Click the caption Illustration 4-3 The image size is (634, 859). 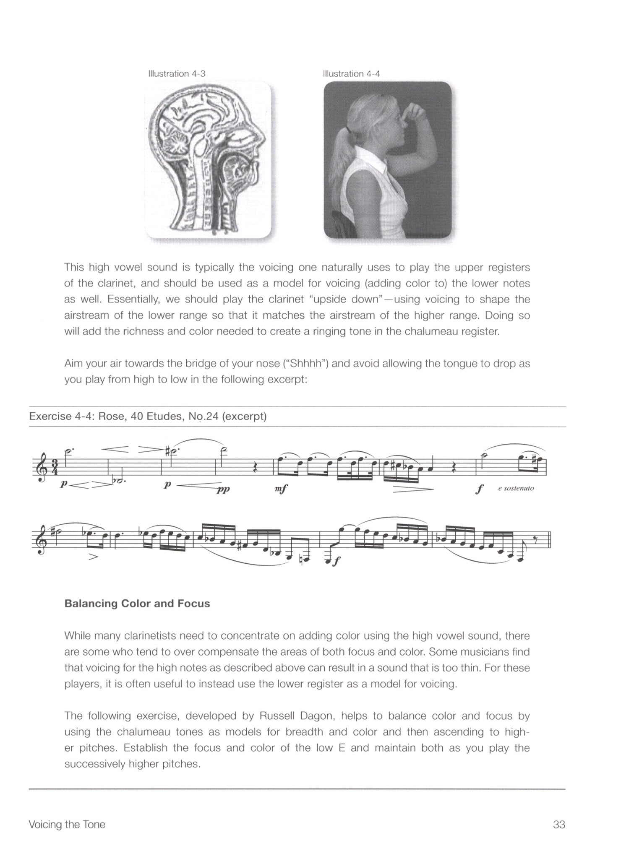[x=177, y=74]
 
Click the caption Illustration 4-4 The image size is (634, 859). [x=351, y=74]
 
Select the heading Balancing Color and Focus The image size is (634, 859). [x=137, y=604]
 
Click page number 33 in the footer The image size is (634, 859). [x=559, y=825]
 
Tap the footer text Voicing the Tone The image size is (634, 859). [x=67, y=825]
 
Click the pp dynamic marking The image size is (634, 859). [x=222, y=489]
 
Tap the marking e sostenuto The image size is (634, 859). [x=516, y=489]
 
